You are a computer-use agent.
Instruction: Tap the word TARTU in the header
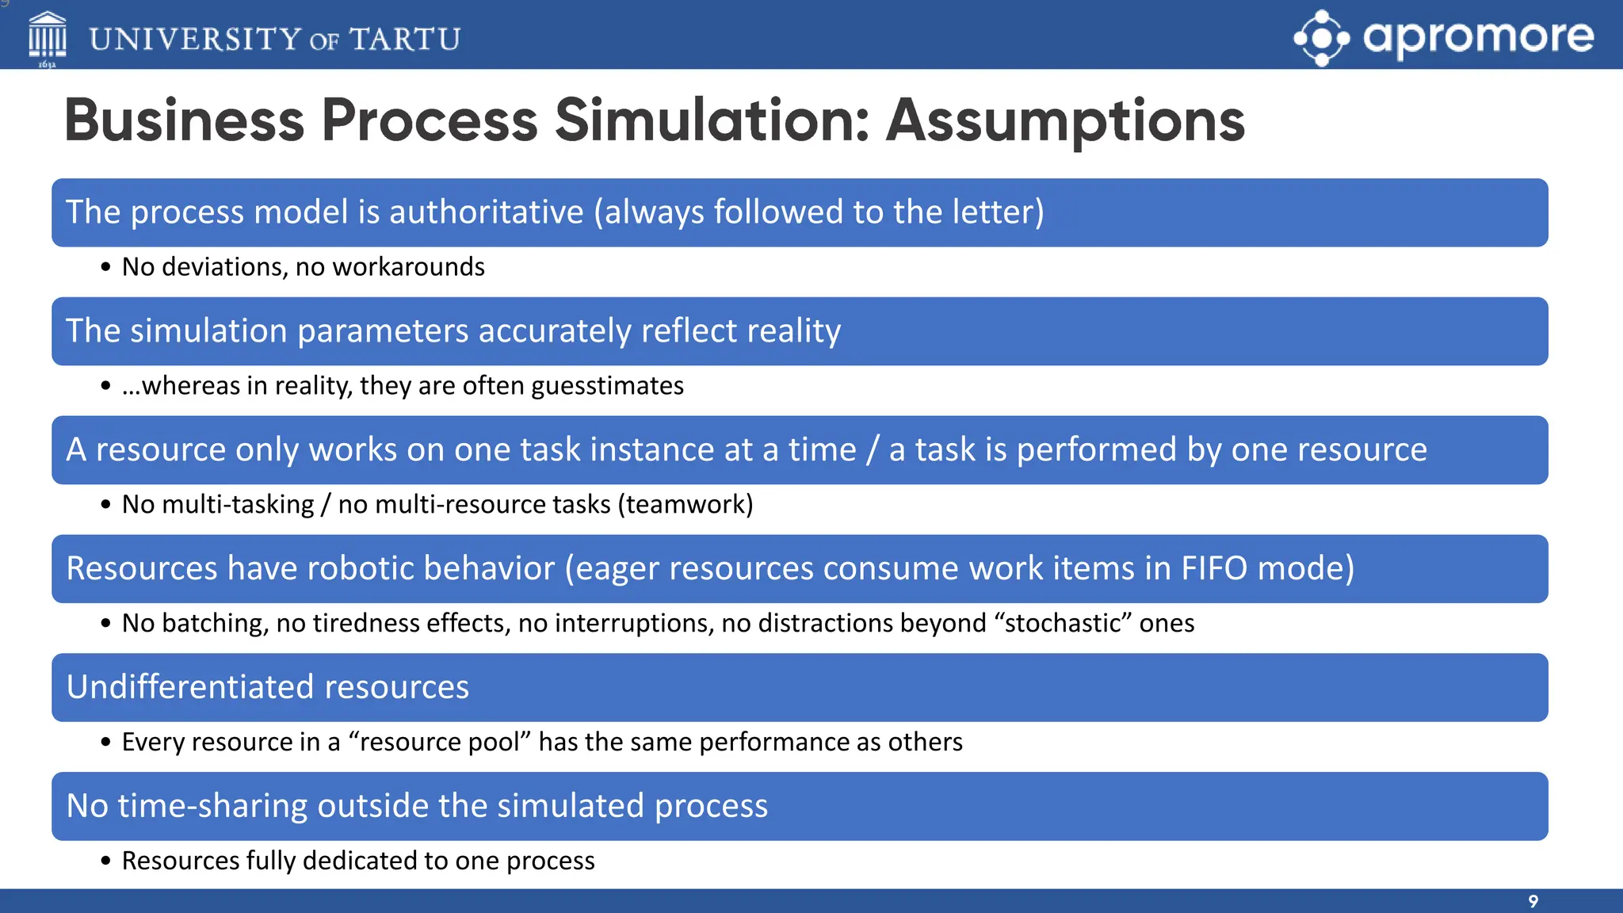[x=404, y=39]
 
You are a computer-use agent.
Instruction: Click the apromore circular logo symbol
[x=1321, y=37]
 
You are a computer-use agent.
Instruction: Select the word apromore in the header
[x=1478, y=36]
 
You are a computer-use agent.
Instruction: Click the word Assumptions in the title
[x=1065, y=120]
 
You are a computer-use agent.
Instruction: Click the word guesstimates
[x=607, y=386]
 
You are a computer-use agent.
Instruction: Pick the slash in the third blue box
[x=873, y=450]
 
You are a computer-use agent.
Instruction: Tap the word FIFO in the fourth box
[x=1214, y=569]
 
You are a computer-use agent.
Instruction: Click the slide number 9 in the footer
[x=1533, y=901]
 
